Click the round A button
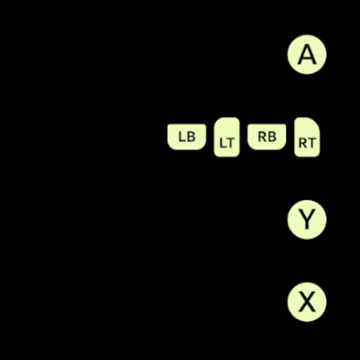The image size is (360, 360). coord(307,54)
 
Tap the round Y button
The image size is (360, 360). coord(307,220)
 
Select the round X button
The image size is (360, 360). coord(307,302)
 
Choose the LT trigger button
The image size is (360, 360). coord(227,137)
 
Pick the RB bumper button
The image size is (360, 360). coord(266,137)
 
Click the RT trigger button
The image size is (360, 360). coord(307,137)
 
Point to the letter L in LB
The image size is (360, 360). coord(182,137)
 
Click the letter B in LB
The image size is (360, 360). coord(191,137)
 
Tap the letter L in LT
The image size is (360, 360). coord(222,143)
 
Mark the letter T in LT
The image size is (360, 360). coord(229,143)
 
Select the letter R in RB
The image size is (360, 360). coord(262,137)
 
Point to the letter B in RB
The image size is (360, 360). coord(272,137)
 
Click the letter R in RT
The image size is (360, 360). coord(302,143)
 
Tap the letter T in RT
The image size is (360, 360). coord(311,143)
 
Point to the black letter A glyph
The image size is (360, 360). coord(307,54)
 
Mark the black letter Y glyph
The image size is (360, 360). coord(307,220)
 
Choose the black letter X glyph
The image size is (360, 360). coord(307,302)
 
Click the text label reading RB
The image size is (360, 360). coord(267,137)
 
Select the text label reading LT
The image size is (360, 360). coord(227,143)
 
